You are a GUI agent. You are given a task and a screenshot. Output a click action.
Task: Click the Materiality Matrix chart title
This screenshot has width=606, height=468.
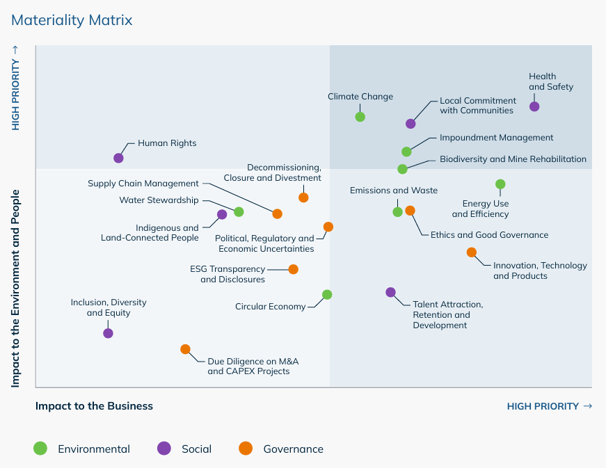[x=72, y=20]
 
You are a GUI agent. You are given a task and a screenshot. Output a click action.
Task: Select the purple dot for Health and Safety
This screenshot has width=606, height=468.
[x=534, y=106]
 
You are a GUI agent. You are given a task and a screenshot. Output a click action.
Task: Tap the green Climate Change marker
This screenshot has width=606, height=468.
[x=360, y=117]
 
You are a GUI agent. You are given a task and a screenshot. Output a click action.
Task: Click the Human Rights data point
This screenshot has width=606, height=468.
[x=118, y=158]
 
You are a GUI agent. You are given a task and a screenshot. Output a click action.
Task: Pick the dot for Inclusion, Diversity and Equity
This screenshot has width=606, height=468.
[x=108, y=333]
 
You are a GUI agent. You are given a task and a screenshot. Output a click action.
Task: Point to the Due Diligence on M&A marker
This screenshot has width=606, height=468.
[x=185, y=349]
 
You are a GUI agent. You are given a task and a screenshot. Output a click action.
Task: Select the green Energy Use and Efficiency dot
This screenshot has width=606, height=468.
[x=500, y=184]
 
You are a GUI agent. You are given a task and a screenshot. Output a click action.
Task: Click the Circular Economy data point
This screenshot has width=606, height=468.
[x=327, y=295]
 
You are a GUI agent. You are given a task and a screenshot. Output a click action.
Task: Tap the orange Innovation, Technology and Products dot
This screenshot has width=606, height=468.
[x=471, y=252]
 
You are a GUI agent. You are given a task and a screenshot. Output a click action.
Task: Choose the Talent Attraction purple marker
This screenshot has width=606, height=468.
[x=390, y=292]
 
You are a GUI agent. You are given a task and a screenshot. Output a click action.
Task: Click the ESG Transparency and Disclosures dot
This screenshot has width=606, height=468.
[x=293, y=269]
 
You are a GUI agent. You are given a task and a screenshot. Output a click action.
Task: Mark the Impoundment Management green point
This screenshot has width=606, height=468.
[x=406, y=152]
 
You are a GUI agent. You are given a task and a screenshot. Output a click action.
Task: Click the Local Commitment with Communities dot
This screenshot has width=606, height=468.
[x=410, y=124]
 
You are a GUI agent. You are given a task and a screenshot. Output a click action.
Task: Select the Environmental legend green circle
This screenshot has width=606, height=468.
[x=40, y=449]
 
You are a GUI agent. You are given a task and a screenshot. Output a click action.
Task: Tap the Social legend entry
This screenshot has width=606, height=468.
[x=196, y=449]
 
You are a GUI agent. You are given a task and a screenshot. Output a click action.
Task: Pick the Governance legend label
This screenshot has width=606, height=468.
[x=293, y=449]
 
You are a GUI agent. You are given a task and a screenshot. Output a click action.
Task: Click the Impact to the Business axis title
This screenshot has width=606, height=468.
[x=94, y=406]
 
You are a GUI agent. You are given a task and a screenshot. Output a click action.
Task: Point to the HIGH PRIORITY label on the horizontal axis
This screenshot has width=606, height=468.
[x=543, y=406]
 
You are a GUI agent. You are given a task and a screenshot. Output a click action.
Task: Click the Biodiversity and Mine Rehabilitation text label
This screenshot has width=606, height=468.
[x=513, y=159]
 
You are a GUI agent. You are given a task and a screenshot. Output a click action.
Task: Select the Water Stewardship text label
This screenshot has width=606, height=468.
[x=159, y=200]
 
